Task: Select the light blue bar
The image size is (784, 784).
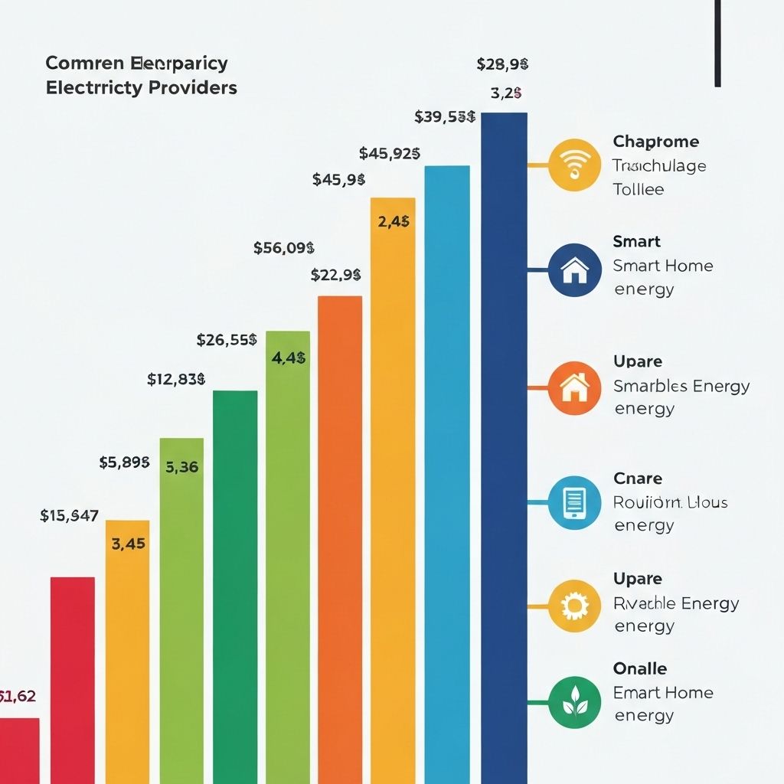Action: pos(447,475)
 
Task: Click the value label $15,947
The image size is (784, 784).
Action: pos(69,516)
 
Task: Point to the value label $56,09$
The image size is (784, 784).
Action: pos(284,248)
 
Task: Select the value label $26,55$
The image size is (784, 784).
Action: pos(227,340)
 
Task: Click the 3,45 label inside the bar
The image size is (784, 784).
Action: pos(128,544)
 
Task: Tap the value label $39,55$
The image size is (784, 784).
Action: pos(445,117)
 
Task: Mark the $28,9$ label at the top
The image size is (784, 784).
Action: pos(502,64)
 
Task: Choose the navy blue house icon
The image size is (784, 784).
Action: pos(574,269)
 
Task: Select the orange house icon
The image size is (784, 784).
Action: pos(574,388)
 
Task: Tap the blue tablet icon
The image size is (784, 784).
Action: pos(574,502)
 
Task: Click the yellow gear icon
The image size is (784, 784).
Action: pos(574,606)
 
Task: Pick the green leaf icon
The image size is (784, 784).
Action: pos(574,702)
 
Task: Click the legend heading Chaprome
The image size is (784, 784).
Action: pos(655,142)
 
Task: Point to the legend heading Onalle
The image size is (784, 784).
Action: pos(640,668)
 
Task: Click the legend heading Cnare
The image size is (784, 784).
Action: pos(638,479)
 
